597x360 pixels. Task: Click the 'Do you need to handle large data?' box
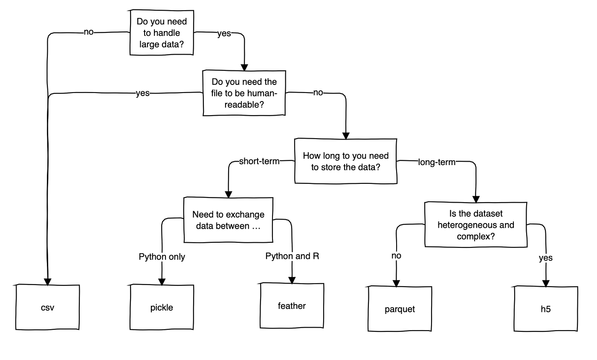(x=162, y=33)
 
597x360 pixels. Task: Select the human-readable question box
(x=244, y=93)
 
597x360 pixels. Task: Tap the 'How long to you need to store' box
(x=345, y=161)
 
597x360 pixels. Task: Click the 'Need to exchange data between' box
(x=228, y=220)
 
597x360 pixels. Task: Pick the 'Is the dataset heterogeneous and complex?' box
(x=475, y=224)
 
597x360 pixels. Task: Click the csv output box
(x=48, y=307)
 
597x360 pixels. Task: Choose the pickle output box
(x=162, y=307)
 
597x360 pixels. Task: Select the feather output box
(x=292, y=305)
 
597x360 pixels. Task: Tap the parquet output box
(x=400, y=309)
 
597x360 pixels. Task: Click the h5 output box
(x=545, y=309)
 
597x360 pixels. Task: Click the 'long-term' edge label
(x=437, y=162)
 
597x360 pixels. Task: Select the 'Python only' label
(x=162, y=257)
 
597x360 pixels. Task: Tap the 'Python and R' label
(x=292, y=256)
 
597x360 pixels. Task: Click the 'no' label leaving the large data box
(x=89, y=32)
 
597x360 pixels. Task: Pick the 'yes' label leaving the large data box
(x=224, y=34)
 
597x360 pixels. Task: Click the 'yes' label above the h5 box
(x=545, y=258)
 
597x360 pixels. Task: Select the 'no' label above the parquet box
(x=396, y=255)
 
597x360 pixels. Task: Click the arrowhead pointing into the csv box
(x=48, y=282)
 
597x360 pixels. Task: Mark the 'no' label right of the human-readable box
(x=318, y=93)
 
